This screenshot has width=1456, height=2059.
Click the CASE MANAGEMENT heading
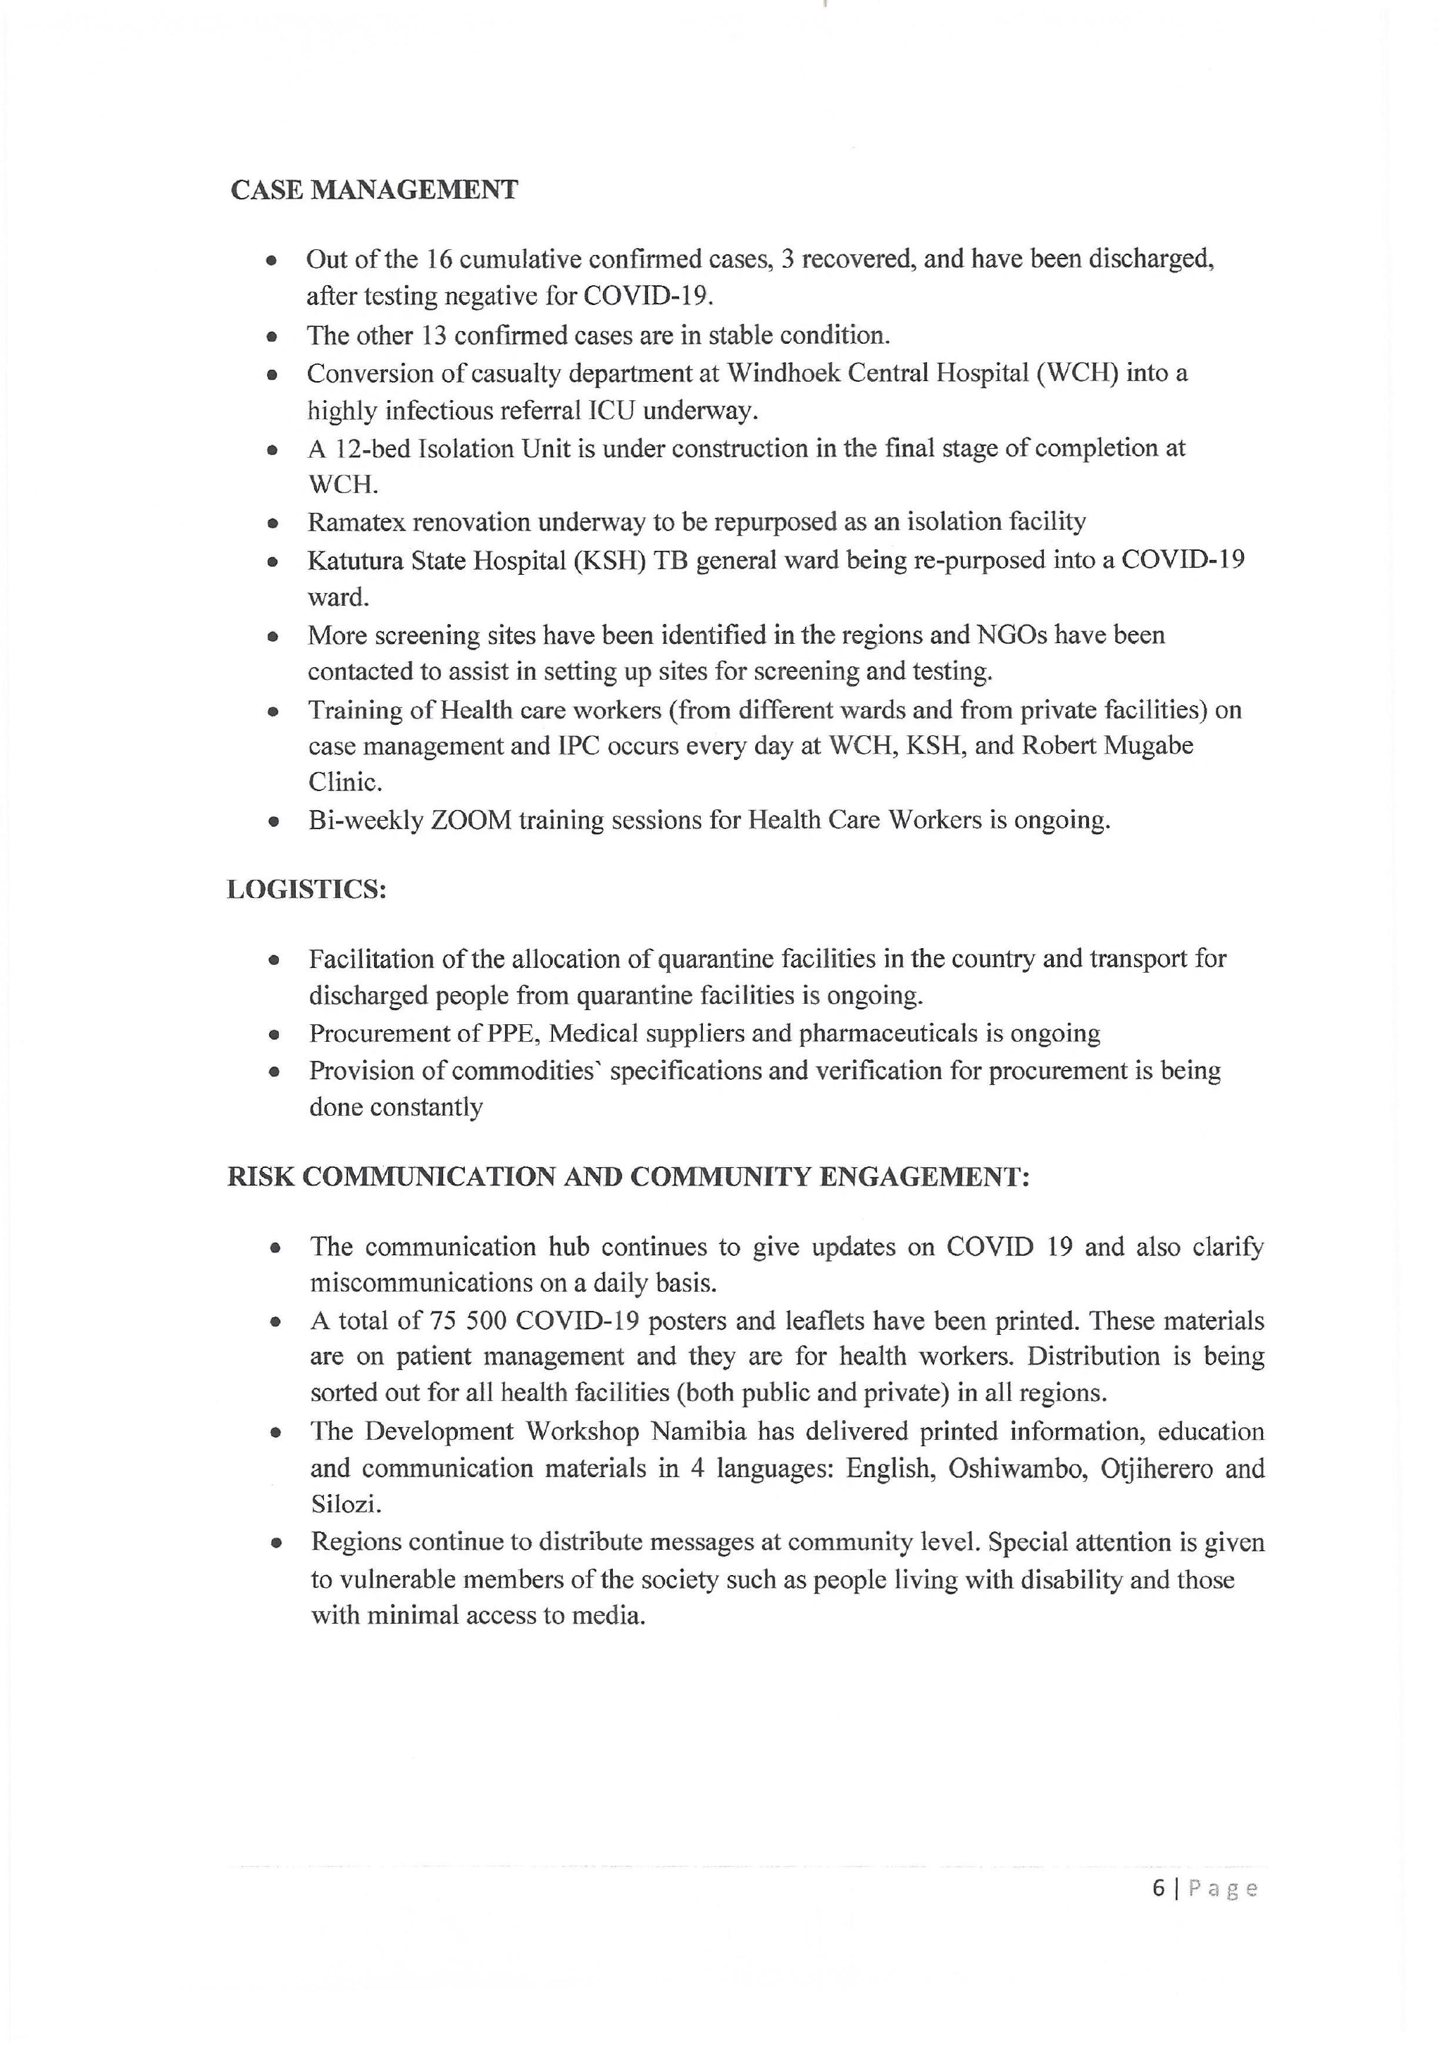tap(374, 190)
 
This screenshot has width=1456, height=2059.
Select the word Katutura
tap(355, 561)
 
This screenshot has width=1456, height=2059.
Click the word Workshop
tap(582, 1431)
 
